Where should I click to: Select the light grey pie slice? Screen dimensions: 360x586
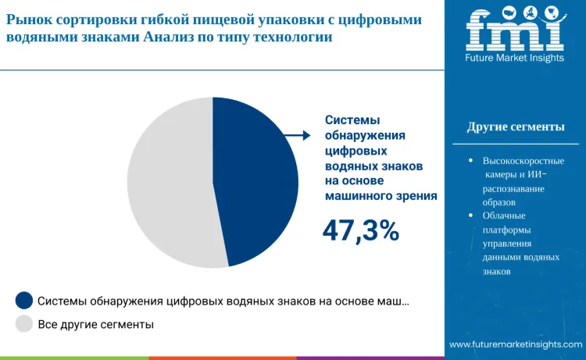(x=168, y=184)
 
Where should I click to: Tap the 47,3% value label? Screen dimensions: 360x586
(x=361, y=230)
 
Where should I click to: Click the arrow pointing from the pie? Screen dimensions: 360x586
(x=296, y=136)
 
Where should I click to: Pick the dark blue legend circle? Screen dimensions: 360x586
(x=24, y=301)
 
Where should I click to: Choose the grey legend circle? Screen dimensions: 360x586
(x=24, y=323)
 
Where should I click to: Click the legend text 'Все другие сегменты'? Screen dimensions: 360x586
(x=95, y=323)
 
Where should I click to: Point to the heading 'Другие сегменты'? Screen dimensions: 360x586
(x=516, y=127)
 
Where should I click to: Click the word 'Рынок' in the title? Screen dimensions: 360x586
(x=30, y=18)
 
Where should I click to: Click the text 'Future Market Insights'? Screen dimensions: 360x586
(x=515, y=59)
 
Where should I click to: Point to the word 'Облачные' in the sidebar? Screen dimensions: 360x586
(x=504, y=215)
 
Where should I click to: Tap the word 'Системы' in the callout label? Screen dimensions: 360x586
(x=352, y=120)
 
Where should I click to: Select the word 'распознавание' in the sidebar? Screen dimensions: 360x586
(x=513, y=188)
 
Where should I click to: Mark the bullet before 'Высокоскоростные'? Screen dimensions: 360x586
(x=470, y=160)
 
